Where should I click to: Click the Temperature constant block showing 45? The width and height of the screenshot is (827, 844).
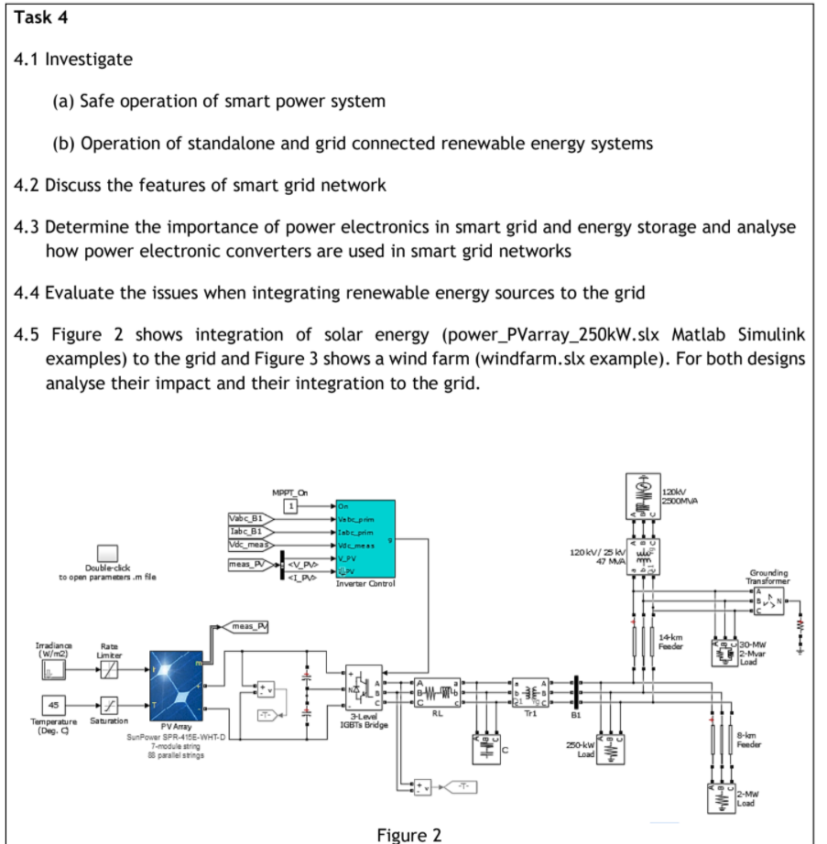click(x=53, y=707)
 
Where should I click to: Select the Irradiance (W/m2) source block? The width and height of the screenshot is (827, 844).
click(x=53, y=672)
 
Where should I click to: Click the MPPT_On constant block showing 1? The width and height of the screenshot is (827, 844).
click(x=293, y=506)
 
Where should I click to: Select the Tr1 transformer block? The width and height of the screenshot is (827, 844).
click(x=531, y=690)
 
